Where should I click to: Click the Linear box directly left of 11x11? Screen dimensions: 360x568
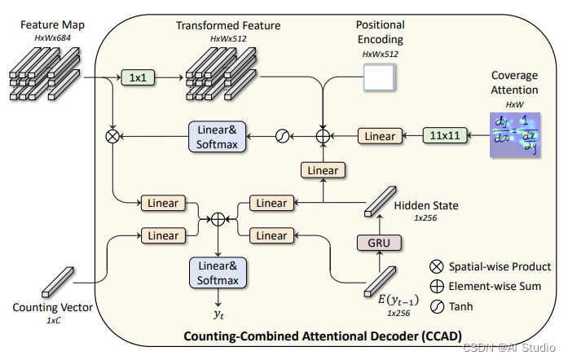point(379,136)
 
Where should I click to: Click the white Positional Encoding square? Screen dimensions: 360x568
point(378,77)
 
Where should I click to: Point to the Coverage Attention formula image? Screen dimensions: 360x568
point(515,134)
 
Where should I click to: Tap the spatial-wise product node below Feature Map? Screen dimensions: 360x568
point(112,136)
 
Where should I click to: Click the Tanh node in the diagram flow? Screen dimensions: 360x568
point(284,136)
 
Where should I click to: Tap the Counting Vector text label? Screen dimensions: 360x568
point(51,307)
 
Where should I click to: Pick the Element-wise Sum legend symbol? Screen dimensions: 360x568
point(437,287)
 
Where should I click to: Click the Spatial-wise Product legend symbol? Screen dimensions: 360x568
point(437,266)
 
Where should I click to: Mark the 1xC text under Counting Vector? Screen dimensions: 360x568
point(51,320)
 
